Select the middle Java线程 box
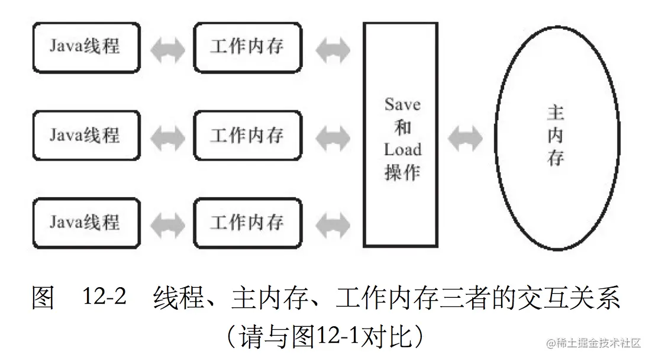(86, 135)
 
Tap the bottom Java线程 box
(86, 223)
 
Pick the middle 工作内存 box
(247, 135)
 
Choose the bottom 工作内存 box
(247, 223)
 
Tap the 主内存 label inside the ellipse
(555, 136)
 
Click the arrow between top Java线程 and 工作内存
(167, 51)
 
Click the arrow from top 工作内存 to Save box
(333, 51)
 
